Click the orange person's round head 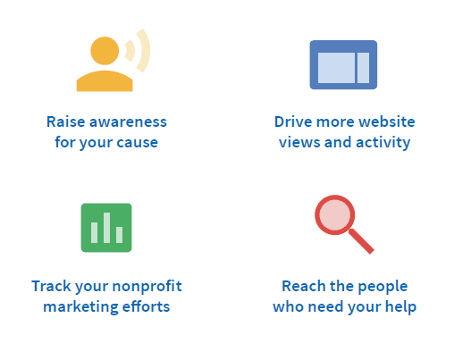(x=105, y=51)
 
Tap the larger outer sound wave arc (x=146, y=51)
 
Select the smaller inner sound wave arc (x=131, y=51)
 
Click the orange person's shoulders (x=105, y=81)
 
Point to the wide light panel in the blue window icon (x=336, y=68)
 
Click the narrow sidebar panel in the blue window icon (x=363, y=68)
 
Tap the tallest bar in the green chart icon (x=106, y=228)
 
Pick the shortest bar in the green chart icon (x=119, y=235)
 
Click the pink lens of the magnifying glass (x=335, y=215)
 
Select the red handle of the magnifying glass (x=361, y=241)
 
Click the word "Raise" (x=65, y=121)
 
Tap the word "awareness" (x=128, y=122)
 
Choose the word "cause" (x=137, y=143)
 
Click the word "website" (x=387, y=121)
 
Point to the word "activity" (x=383, y=143)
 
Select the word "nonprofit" (x=147, y=287)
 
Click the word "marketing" (x=80, y=306)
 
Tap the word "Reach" (x=304, y=286)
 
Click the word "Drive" (x=293, y=121)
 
